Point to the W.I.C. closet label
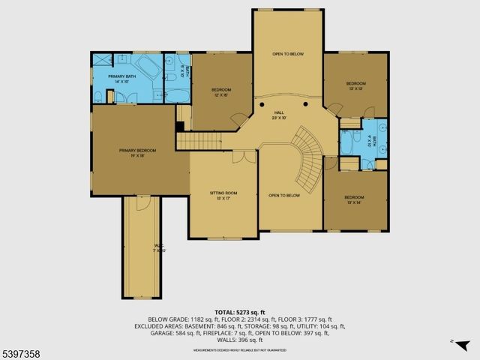point(159,247)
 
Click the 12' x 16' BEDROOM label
point(219,91)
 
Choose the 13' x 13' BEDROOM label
point(355,85)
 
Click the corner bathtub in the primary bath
point(147,68)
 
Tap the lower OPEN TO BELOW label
point(284,196)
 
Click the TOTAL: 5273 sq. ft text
point(240,311)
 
